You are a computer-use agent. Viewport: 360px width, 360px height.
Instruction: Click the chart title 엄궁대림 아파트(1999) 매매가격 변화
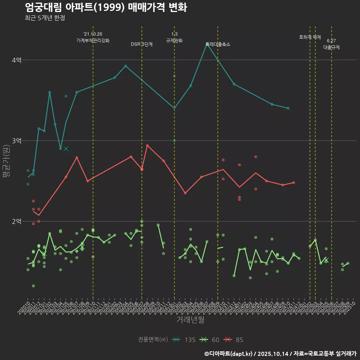pyautogui.click(x=106, y=7)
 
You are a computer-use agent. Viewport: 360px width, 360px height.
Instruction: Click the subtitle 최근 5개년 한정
pyautogui.click(x=45, y=18)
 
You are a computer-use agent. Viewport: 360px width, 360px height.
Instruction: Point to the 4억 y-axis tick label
pyautogui.click(x=16, y=60)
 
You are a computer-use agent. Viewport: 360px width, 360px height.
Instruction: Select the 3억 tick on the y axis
pyautogui.click(x=16, y=141)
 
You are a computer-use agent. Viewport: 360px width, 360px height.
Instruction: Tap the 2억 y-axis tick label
pyautogui.click(x=16, y=221)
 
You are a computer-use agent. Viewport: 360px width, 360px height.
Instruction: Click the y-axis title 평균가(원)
pyautogui.click(x=6, y=162)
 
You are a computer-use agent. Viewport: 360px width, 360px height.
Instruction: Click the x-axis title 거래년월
pyautogui.click(x=190, y=320)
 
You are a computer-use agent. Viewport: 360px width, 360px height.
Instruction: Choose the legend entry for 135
pyautogui.click(x=184, y=340)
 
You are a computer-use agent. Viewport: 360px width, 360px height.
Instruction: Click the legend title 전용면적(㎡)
pyautogui.click(x=153, y=340)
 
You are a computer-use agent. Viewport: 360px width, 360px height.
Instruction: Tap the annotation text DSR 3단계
pyautogui.click(x=142, y=44)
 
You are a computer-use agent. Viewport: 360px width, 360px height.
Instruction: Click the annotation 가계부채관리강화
pyautogui.click(x=93, y=40)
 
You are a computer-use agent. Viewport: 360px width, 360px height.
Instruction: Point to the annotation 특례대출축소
pyautogui.click(x=218, y=44)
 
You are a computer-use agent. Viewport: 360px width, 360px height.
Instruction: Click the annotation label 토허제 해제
pyautogui.click(x=310, y=37)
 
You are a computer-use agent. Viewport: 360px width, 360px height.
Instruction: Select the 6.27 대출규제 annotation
pyautogui.click(x=331, y=44)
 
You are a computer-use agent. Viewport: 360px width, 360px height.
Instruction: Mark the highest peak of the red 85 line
pyautogui.click(x=147, y=145)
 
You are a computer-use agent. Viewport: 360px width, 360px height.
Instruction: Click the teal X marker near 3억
pyautogui.click(x=66, y=148)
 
